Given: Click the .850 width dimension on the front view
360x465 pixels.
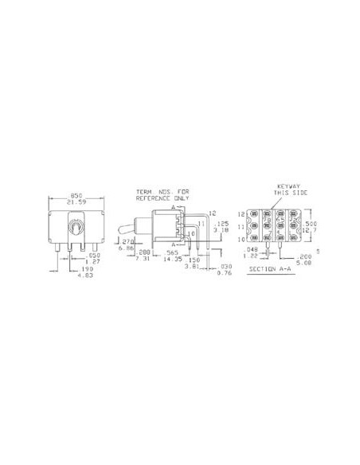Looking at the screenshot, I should pyautogui.click(x=76, y=194).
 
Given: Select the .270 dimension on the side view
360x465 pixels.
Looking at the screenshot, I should pyautogui.click(x=125, y=242).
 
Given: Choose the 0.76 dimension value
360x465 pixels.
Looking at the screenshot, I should pyautogui.click(x=225, y=272).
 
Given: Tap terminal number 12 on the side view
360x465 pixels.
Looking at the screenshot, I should pyautogui.click(x=211, y=213).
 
